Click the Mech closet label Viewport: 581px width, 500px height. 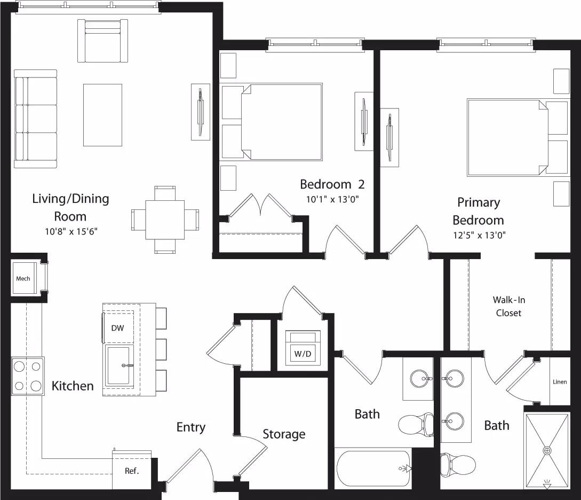point(23,278)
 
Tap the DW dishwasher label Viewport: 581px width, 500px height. point(118,328)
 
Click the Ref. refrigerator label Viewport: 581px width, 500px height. point(131,471)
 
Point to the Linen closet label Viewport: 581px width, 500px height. point(560,382)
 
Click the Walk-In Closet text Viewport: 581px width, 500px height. point(508,307)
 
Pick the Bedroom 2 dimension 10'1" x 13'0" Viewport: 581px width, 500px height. point(332,200)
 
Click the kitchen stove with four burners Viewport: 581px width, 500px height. point(28,376)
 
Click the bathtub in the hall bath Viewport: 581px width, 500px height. point(373,468)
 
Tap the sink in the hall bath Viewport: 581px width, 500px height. point(421,379)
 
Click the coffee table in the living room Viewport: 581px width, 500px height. point(103,114)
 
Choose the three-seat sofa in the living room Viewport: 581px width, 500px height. point(35,119)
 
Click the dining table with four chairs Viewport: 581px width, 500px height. point(165,219)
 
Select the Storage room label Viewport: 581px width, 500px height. point(284,434)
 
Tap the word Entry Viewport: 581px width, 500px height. point(190,427)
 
